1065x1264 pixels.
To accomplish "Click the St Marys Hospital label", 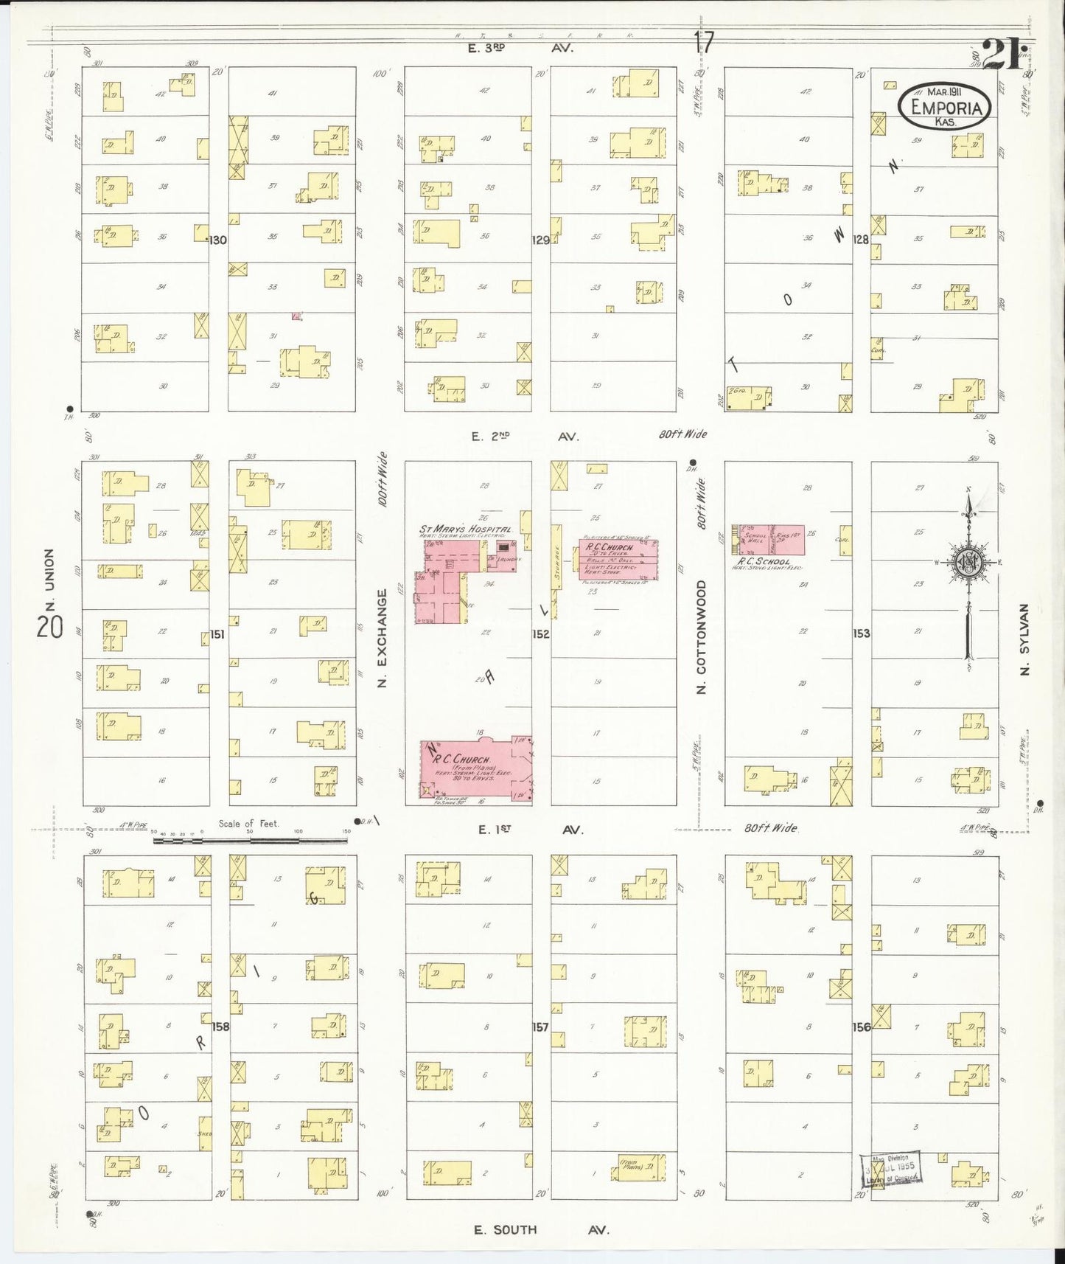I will (465, 529).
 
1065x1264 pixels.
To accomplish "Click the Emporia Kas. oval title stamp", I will (945, 108).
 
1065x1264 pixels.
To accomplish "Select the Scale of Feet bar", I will (251, 839).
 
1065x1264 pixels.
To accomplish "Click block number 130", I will (218, 240).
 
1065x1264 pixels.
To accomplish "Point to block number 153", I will (861, 633).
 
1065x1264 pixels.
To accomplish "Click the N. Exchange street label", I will (382, 639).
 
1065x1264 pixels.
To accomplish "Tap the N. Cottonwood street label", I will (701, 636).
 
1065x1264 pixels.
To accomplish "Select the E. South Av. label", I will (542, 1229).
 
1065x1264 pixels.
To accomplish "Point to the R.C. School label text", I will (764, 561).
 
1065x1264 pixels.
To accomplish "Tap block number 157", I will (540, 1027).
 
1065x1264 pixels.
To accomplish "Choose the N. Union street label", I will (50, 580).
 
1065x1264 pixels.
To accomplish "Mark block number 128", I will (861, 240).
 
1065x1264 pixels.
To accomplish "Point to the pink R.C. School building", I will (768, 541).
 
